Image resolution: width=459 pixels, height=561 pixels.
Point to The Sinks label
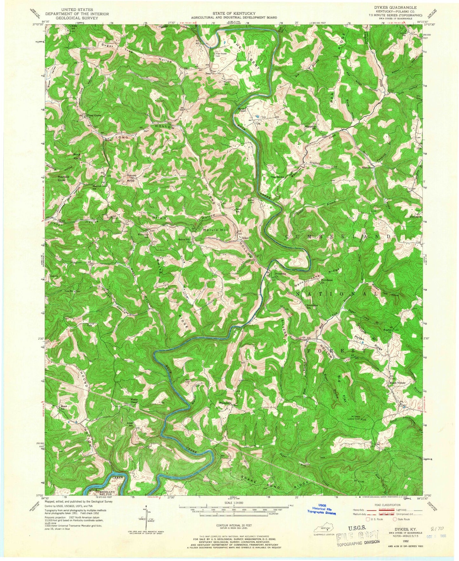(x=276, y=177)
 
